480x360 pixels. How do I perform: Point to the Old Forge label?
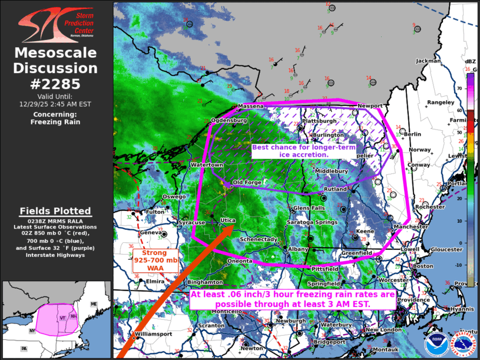click(x=247, y=183)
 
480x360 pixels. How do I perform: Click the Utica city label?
click(x=228, y=220)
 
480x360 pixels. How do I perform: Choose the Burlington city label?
click(x=328, y=135)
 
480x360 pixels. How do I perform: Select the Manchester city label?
click(x=411, y=226)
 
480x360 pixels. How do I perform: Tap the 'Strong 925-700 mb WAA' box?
click(x=155, y=260)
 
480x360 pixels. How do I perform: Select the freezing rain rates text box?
click(x=292, y=299)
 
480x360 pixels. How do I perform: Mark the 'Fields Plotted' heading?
click(x=55, y=210)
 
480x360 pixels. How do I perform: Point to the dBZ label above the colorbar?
click(x=470, y=61)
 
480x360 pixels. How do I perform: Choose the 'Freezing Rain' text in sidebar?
click(x=56, y=122)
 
